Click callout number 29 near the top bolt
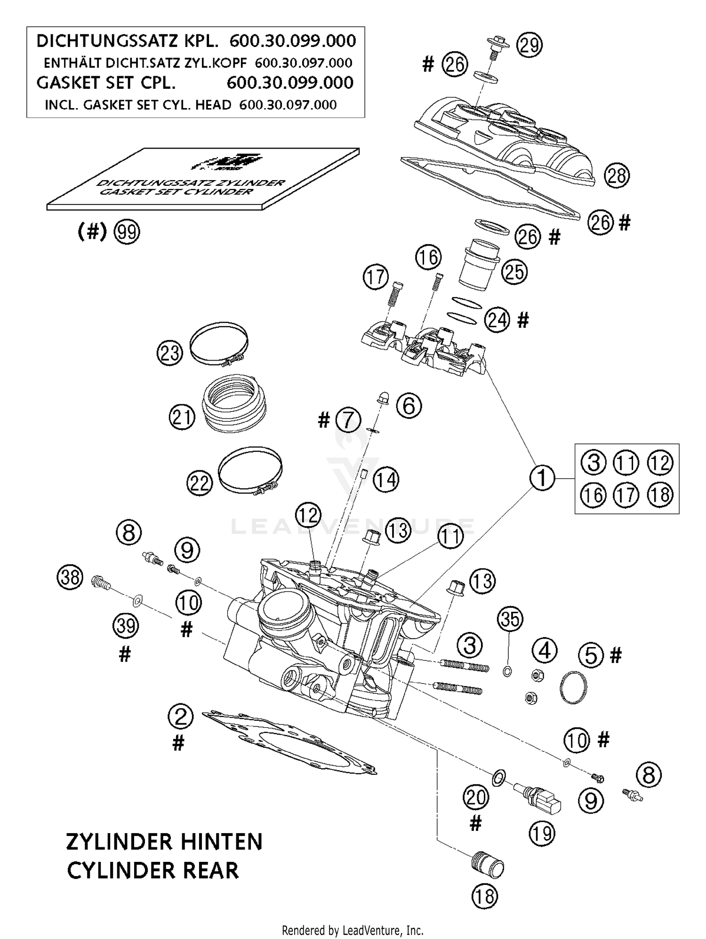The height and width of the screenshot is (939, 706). [x=529, y=45]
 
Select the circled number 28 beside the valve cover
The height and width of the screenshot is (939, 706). [x=617, y=175]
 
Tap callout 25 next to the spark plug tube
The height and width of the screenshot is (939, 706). [x=514, y=272]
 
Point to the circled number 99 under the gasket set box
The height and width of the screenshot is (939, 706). [x=127, y=232]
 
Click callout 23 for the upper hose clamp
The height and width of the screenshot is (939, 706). [x=169, y=352]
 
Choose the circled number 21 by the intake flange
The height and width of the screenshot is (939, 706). [x=182, y=418]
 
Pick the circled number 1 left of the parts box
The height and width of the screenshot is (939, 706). [x=542, y=478]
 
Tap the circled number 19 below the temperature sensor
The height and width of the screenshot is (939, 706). [x=542, y=834]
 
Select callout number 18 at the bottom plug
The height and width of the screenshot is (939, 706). [x=485, y=897]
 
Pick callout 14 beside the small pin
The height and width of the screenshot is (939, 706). [x=386, y=480]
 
